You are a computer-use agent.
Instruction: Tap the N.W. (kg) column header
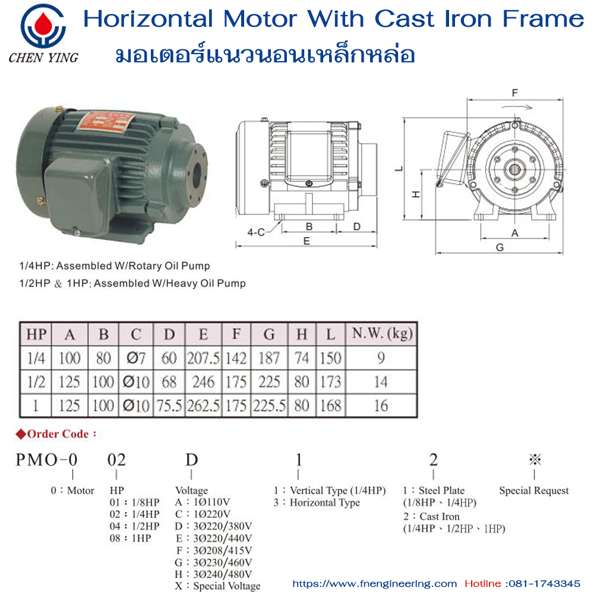pos(380,334)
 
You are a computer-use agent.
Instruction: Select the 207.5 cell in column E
pos(203,358)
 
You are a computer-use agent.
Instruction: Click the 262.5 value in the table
pos(203,405)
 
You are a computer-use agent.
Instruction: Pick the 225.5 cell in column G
pos(269,405)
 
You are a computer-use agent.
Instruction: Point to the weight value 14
pos(380,381)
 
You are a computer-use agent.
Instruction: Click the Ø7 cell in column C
pos(136,358)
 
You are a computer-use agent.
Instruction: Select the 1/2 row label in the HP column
pos(35,381)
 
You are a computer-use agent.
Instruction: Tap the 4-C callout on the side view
pos(256,232)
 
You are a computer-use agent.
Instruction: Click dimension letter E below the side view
pos(307,241)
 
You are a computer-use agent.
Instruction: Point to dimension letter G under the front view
pos(500,247)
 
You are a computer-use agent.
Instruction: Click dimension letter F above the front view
pos(515,93)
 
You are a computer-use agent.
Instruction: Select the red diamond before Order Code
pos(21,434)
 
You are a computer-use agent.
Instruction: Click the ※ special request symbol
pos(535,459)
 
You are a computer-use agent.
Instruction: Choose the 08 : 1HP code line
pos(131,538)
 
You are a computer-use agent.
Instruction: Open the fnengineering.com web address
pos(375,583)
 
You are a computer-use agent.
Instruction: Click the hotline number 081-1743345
pos(546,583)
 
